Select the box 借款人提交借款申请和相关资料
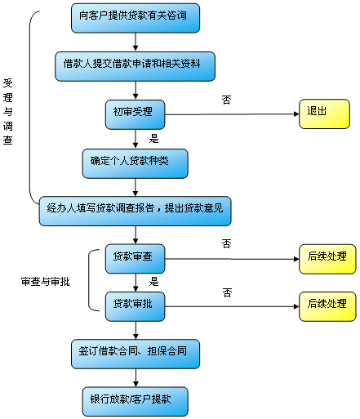(135, 65)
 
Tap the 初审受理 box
(135, 113)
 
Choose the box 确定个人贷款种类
(135, 162)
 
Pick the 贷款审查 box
(135, 258)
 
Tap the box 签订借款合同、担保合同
(135, 353)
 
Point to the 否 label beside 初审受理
(226, 100)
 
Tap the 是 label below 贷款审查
(153, 282)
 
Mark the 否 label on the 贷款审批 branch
(226, 292)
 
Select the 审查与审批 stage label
(45, 282)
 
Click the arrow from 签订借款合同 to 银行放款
(135, 377)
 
